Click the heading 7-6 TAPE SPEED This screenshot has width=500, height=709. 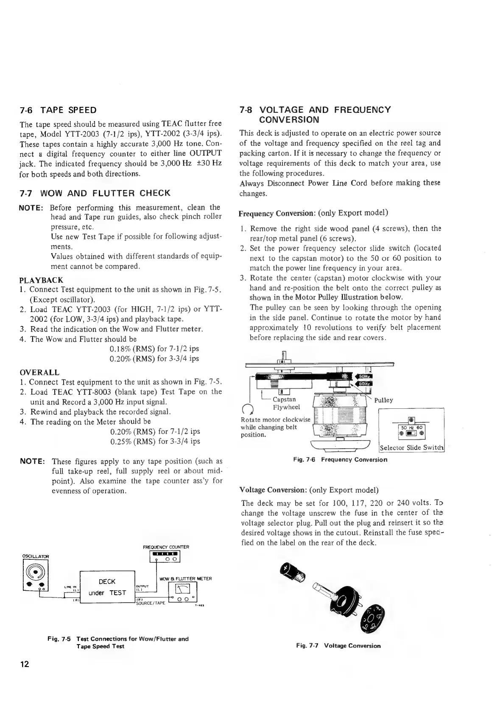click(x=58, y=110)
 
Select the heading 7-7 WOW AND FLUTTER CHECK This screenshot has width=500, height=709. click(x=95, y=193)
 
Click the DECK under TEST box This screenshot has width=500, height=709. click(x=107, y=587)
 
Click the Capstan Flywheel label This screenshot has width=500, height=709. click(x=285, y=403)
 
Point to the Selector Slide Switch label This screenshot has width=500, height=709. click(x=411, y=448)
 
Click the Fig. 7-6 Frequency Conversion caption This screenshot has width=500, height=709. click(x=340, y=460)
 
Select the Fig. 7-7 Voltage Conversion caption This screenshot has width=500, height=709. click(x=338, y=646)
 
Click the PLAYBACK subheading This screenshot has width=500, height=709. click(x=42, y=280)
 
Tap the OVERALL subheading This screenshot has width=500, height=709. click(x=39, y=372)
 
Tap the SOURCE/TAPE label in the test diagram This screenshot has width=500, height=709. click(x=150, y=603)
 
